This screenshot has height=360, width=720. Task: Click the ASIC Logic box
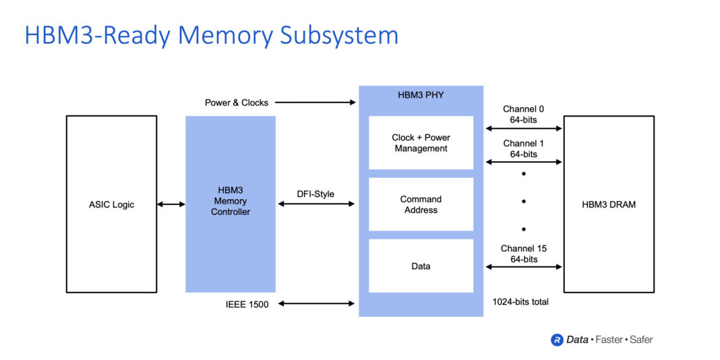[111, 204]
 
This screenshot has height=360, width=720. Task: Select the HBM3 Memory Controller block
[231, 204]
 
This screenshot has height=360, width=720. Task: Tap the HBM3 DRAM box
[608, 204]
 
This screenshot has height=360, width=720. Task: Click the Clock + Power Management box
[421, 143]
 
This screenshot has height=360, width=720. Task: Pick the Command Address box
[421, 204]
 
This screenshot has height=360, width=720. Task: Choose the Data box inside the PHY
[421, 266]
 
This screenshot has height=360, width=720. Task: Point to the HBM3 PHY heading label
[421, 94]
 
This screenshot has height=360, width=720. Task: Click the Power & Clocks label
[237, 102]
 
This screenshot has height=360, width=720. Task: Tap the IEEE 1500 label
[247, 304]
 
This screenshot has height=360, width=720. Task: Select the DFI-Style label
[316, 194]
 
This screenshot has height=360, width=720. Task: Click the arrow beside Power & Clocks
[315, 102]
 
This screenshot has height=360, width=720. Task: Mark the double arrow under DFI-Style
[316, 204]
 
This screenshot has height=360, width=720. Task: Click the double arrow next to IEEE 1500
[316, 304]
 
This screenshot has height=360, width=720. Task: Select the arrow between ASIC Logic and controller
[171, 204]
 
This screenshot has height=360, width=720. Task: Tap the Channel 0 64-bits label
[523, 114]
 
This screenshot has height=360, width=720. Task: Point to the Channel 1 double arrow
[523, 162]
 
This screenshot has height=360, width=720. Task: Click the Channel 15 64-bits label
[523, 253]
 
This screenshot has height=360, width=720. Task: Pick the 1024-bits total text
[520, 301]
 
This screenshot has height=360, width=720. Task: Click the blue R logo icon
[557, 340]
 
